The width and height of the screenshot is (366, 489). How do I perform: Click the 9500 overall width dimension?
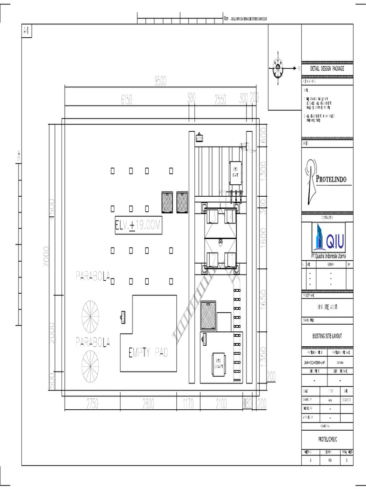(160, 82)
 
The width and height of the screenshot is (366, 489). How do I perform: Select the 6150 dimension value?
(126, 99)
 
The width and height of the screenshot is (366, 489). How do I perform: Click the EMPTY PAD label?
(149, 353)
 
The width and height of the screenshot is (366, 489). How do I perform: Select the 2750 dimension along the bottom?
(92, 404)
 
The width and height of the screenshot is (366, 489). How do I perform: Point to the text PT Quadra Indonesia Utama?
(327, 256)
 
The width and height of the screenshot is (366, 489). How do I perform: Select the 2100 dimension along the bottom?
(221, 404)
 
